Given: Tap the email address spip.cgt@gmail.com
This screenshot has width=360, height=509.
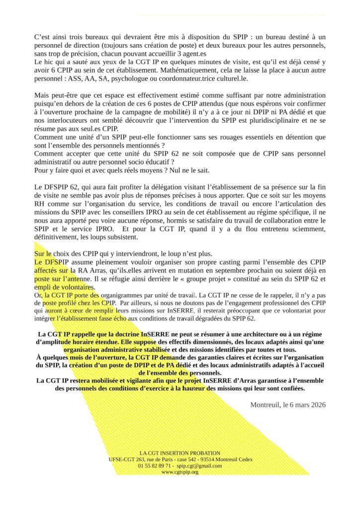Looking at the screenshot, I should click(199, 466).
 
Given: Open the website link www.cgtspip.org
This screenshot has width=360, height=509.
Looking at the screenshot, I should click(180, 472).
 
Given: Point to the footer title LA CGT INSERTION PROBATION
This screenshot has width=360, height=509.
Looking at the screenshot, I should click(180, 453).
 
